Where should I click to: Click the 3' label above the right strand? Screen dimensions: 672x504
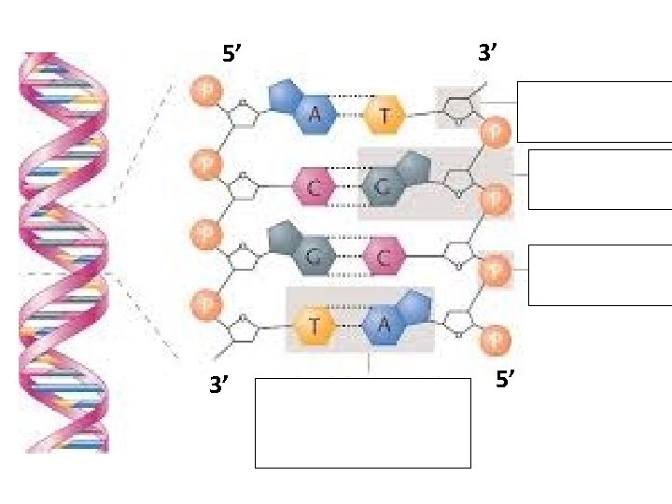(x=491, y=54)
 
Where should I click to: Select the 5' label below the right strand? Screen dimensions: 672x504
(x=507, y=380)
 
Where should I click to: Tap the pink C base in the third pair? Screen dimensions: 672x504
(x=384, y=255)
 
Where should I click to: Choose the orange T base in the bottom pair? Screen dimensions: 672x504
(x=315, y=325)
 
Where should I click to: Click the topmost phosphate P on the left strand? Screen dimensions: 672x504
(x=203, y=92)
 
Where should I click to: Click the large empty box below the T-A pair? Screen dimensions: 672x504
(x=363, y=422)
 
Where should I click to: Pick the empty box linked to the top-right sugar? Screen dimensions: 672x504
(x=594, y=112)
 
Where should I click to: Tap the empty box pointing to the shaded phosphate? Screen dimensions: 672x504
(x=599, y=274)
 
